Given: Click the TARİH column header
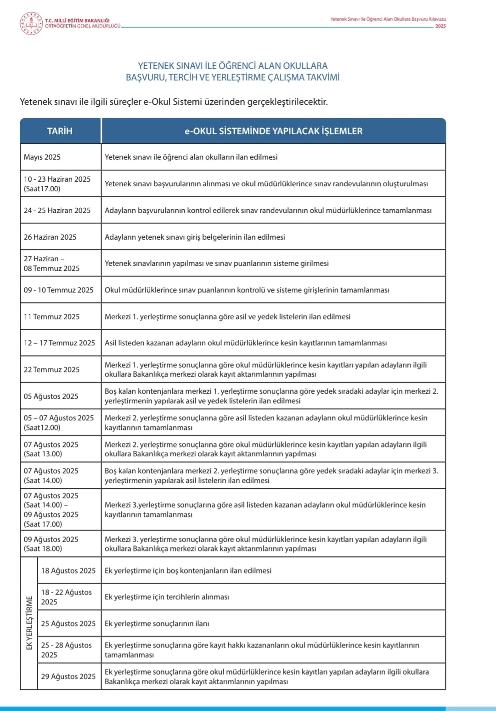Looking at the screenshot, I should [x=60, y=131].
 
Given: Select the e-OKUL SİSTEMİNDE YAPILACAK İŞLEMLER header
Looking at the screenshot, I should [x=273, y=131].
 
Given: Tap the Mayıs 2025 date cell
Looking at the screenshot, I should [x=42, y=157].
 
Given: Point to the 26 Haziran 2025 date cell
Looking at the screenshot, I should [x=50, y=237].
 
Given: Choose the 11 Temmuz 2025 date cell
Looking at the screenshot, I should [x=51, y=317].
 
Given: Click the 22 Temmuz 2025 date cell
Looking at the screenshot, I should [x=51, y=370].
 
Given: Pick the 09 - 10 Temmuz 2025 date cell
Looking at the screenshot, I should [x=58, y=290].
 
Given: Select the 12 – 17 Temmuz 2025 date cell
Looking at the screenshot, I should [x=59, y=343].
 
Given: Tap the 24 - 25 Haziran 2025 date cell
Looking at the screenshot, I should [x=57, y=211].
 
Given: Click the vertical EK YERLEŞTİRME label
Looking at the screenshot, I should [x=29, y=623].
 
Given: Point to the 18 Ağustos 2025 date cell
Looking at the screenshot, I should [x=68, y=571].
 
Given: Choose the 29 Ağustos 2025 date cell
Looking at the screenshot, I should [x=68, y=677].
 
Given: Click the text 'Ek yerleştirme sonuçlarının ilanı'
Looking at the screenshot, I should [x=157, y=624].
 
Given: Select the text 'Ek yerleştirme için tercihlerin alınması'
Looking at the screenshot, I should [x=167, y=597].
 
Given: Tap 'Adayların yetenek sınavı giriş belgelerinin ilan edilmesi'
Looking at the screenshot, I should [x=195, y=237].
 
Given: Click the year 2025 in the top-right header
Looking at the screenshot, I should [x=440, y=26].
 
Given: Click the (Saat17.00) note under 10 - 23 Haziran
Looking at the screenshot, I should [x=42, y=189].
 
